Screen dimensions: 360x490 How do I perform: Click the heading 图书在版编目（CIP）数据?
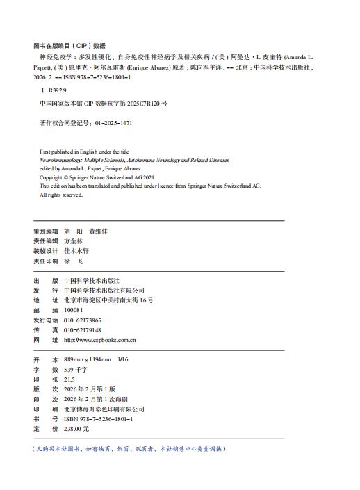coord(69,44)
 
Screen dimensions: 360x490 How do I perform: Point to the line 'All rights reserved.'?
coord(61,195)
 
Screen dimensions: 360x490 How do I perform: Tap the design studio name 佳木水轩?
coord(77,250)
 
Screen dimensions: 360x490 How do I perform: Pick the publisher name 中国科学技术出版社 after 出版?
coord(92,281)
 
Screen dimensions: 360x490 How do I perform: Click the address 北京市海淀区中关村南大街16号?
coord(108,300)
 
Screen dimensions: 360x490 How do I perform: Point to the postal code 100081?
coord(74,311)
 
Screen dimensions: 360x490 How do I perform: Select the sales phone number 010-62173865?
coord(82,320)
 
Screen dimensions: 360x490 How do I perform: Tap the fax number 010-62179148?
coord(82,330)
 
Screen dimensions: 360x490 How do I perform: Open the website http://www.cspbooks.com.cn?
coord(99,341)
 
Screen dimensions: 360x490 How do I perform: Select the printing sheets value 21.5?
coord(69,380)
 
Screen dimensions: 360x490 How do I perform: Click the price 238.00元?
coord(76,430)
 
